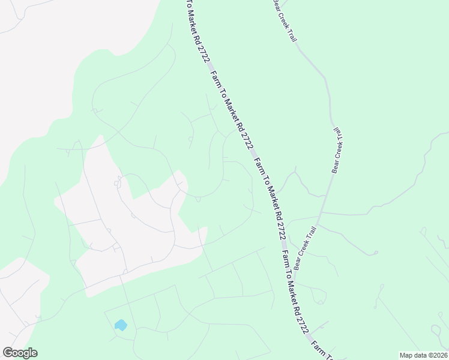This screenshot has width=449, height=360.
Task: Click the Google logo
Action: [x=20, y=353]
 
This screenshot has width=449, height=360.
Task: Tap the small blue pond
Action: [x=121, y=325]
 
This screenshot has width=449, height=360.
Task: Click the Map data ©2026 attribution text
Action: [x=423, y=355]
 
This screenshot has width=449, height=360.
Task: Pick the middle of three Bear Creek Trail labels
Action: [x=337, y=149]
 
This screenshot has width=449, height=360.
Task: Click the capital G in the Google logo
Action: [x=8, y=353]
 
